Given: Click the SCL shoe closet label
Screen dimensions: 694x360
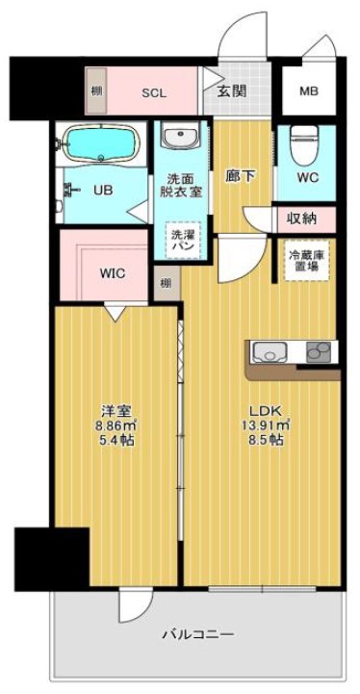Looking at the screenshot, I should click(154, 92).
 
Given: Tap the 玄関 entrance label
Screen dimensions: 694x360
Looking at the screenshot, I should click(230, 91).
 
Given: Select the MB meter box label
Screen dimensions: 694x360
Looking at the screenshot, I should click(308, 92).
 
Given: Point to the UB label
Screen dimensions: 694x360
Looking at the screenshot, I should click(102, 190).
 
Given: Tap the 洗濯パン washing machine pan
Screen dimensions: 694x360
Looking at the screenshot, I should click(181, 240).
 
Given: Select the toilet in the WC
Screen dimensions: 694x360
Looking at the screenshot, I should click(303, 142).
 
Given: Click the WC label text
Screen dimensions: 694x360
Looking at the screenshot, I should click(308, 178).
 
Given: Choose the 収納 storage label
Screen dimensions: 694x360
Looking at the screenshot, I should click(304, 218).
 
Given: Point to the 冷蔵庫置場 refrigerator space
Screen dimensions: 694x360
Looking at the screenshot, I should click(307, 260).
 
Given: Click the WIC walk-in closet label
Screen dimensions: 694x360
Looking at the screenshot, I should click(112, 272).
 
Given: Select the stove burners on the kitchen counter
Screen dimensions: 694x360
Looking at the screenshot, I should click(319, 352).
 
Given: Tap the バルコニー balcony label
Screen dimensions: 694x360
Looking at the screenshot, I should click(197, 633).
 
